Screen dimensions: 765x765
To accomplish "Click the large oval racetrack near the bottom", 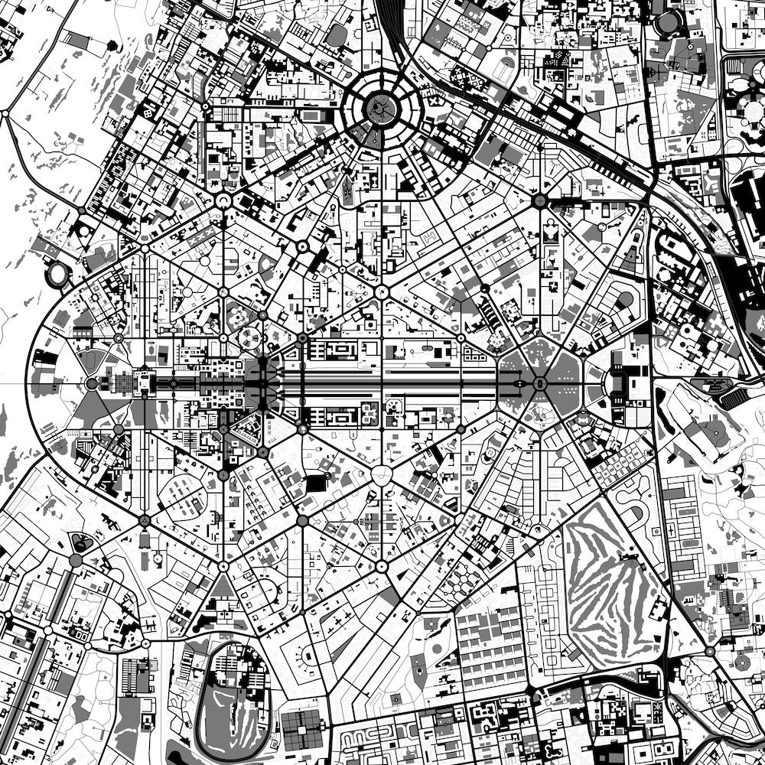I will click(230, 697).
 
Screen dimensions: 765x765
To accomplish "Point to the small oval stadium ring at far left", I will click(58, 273).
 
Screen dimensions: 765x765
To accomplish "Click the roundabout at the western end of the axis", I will click(92, 382).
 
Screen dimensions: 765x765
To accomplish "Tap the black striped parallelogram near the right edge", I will click(733, 399).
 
